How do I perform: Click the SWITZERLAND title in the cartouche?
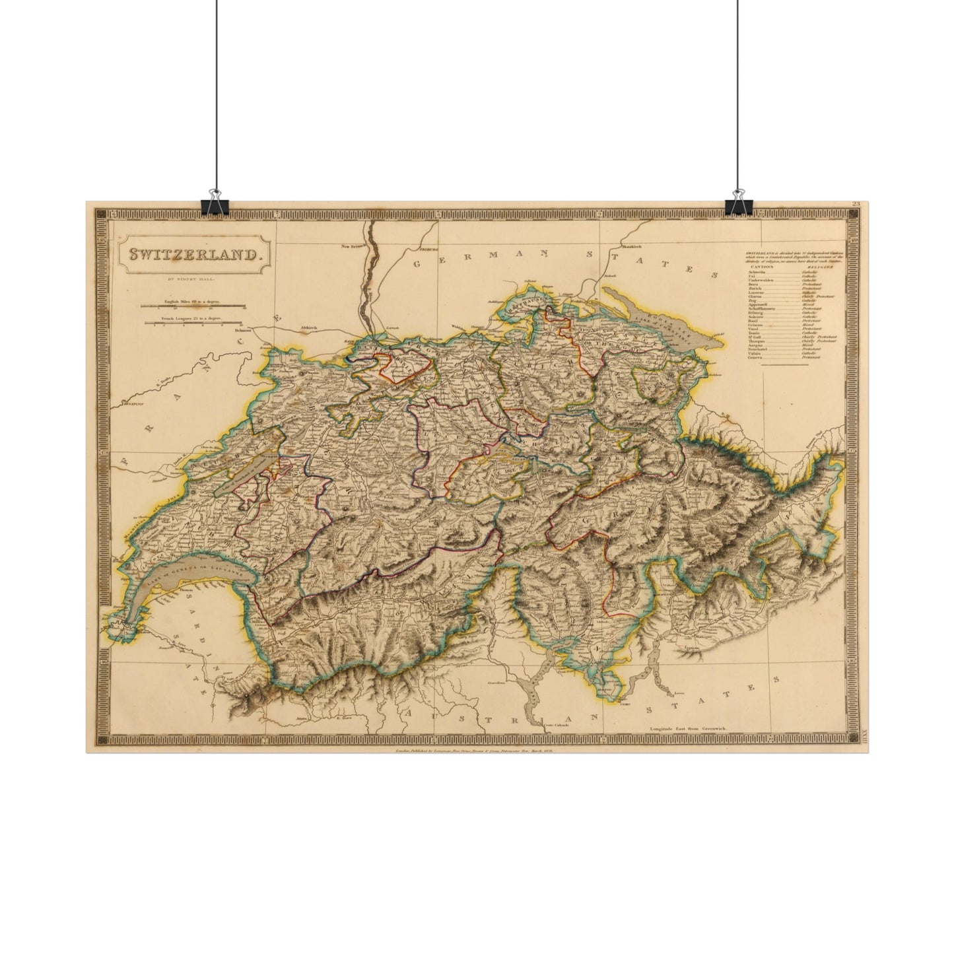point(189,254)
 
